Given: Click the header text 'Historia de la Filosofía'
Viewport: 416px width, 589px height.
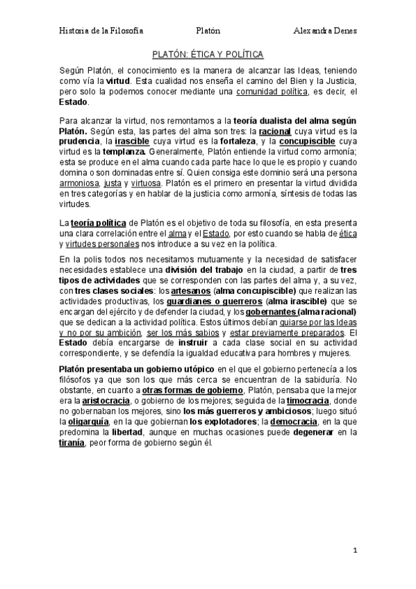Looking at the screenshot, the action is point(101,31).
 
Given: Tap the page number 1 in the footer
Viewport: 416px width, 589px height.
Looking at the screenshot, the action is point(354,552).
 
